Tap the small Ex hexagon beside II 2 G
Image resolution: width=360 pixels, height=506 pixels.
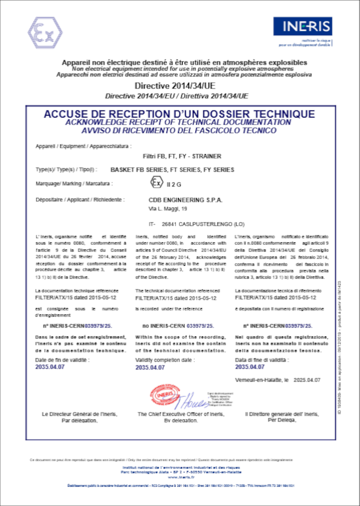pyautogui.click(x=155, y=182)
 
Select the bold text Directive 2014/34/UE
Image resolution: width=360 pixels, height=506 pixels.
pyautogui.click(x=179, y=86)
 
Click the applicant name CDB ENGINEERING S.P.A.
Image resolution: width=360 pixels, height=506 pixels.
pyautogui.click(x=185, y=199)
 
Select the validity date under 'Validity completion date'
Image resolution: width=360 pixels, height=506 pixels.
pyautogui.click(x=150, y=367)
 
